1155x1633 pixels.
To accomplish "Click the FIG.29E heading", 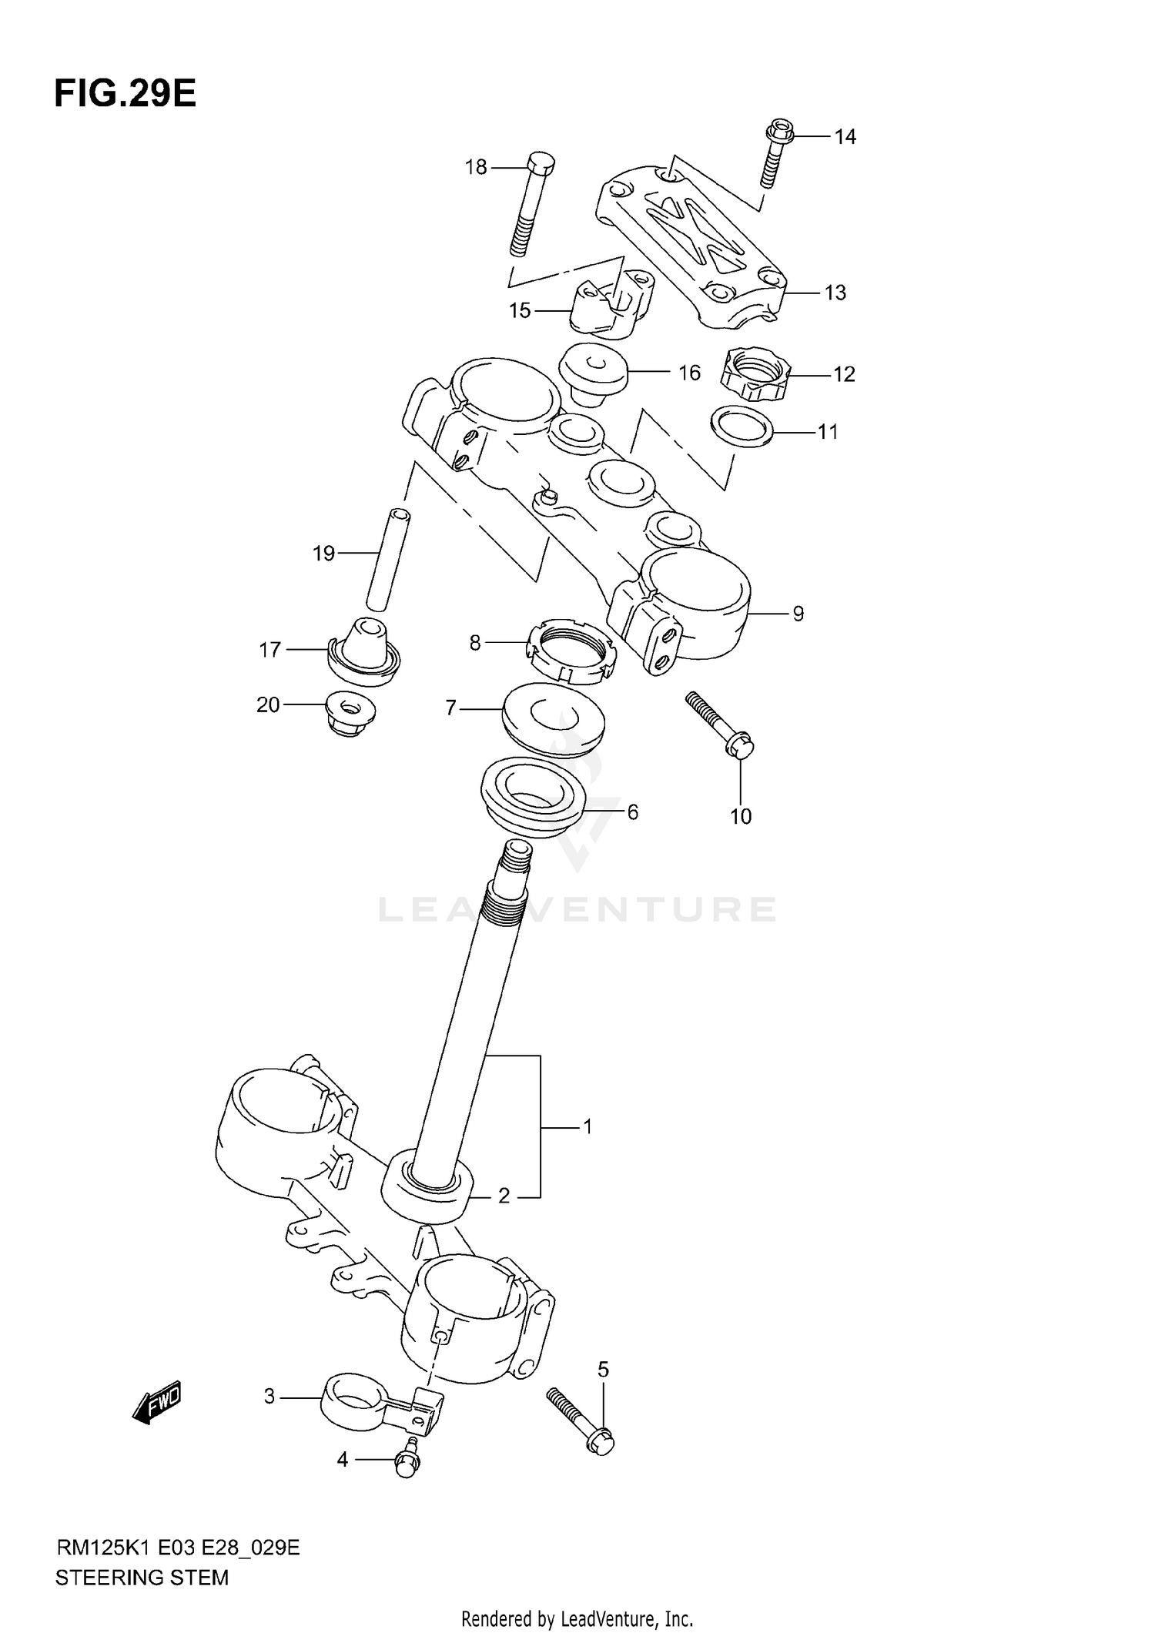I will [125, 94].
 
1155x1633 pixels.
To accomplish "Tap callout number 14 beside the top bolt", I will [845, 137].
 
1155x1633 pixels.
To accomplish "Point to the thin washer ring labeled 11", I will [742, 427].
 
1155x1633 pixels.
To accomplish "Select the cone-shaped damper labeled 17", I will [363, 648].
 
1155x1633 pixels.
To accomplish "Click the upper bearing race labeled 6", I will [532, 797].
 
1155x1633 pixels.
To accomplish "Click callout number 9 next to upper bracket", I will [798, 614].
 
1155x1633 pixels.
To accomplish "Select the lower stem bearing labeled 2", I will [427, 1193].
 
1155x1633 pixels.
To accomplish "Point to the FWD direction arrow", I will [156, 1400].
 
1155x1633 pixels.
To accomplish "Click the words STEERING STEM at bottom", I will [142, 1578].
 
